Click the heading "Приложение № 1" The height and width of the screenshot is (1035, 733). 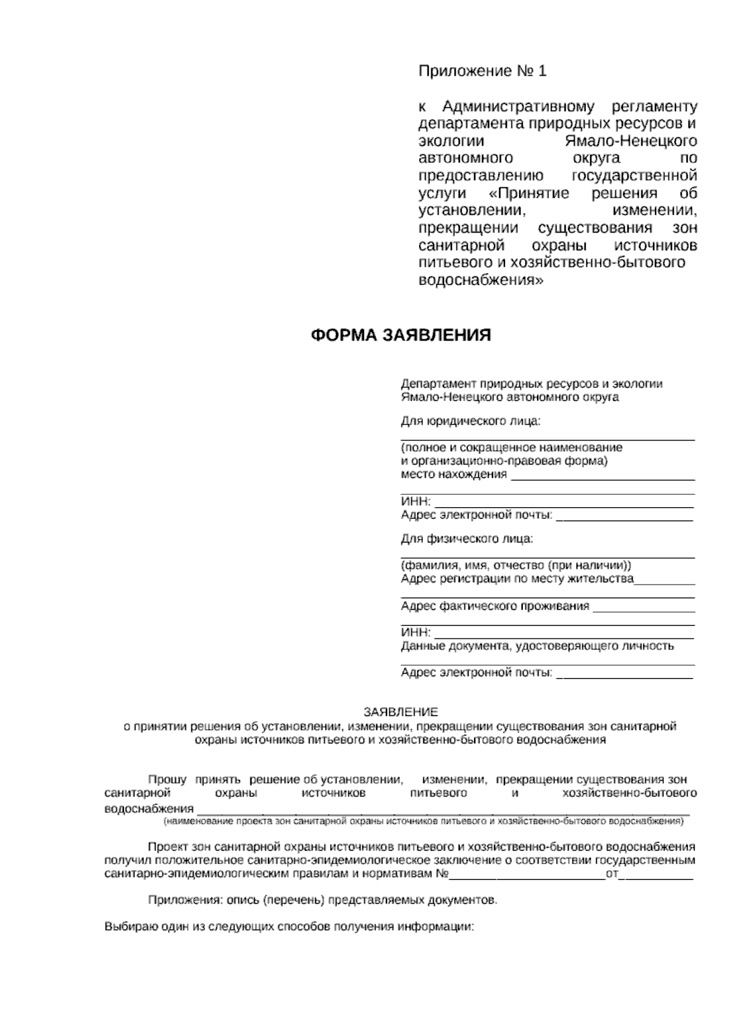click(x=482, y=72)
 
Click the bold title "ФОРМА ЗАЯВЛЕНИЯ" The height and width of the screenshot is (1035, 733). click(x=401, y=336)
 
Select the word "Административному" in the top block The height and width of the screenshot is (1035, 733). click(x=517, y=107)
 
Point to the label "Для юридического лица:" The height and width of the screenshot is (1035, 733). click(x=471, y=421)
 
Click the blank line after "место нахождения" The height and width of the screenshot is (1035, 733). click(x=602, y=475)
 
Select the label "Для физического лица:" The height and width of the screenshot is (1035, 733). click(x=467, y=539)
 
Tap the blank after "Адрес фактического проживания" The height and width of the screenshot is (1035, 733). click(x=644, y=607)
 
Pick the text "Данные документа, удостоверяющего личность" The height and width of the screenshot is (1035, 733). click(x=538, y=646)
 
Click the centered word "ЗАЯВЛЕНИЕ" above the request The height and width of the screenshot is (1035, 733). click(x=401, y=712)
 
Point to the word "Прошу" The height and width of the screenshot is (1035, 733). click(x=168, y=780)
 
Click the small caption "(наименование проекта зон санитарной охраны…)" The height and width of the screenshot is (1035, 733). click(x=423, y=822)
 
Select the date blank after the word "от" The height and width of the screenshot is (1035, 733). click(x=657, y=875)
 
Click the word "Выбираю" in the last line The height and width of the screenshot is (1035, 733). click(x=127, y=926)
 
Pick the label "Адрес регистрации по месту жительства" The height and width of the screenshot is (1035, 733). click(x=517, y=579)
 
